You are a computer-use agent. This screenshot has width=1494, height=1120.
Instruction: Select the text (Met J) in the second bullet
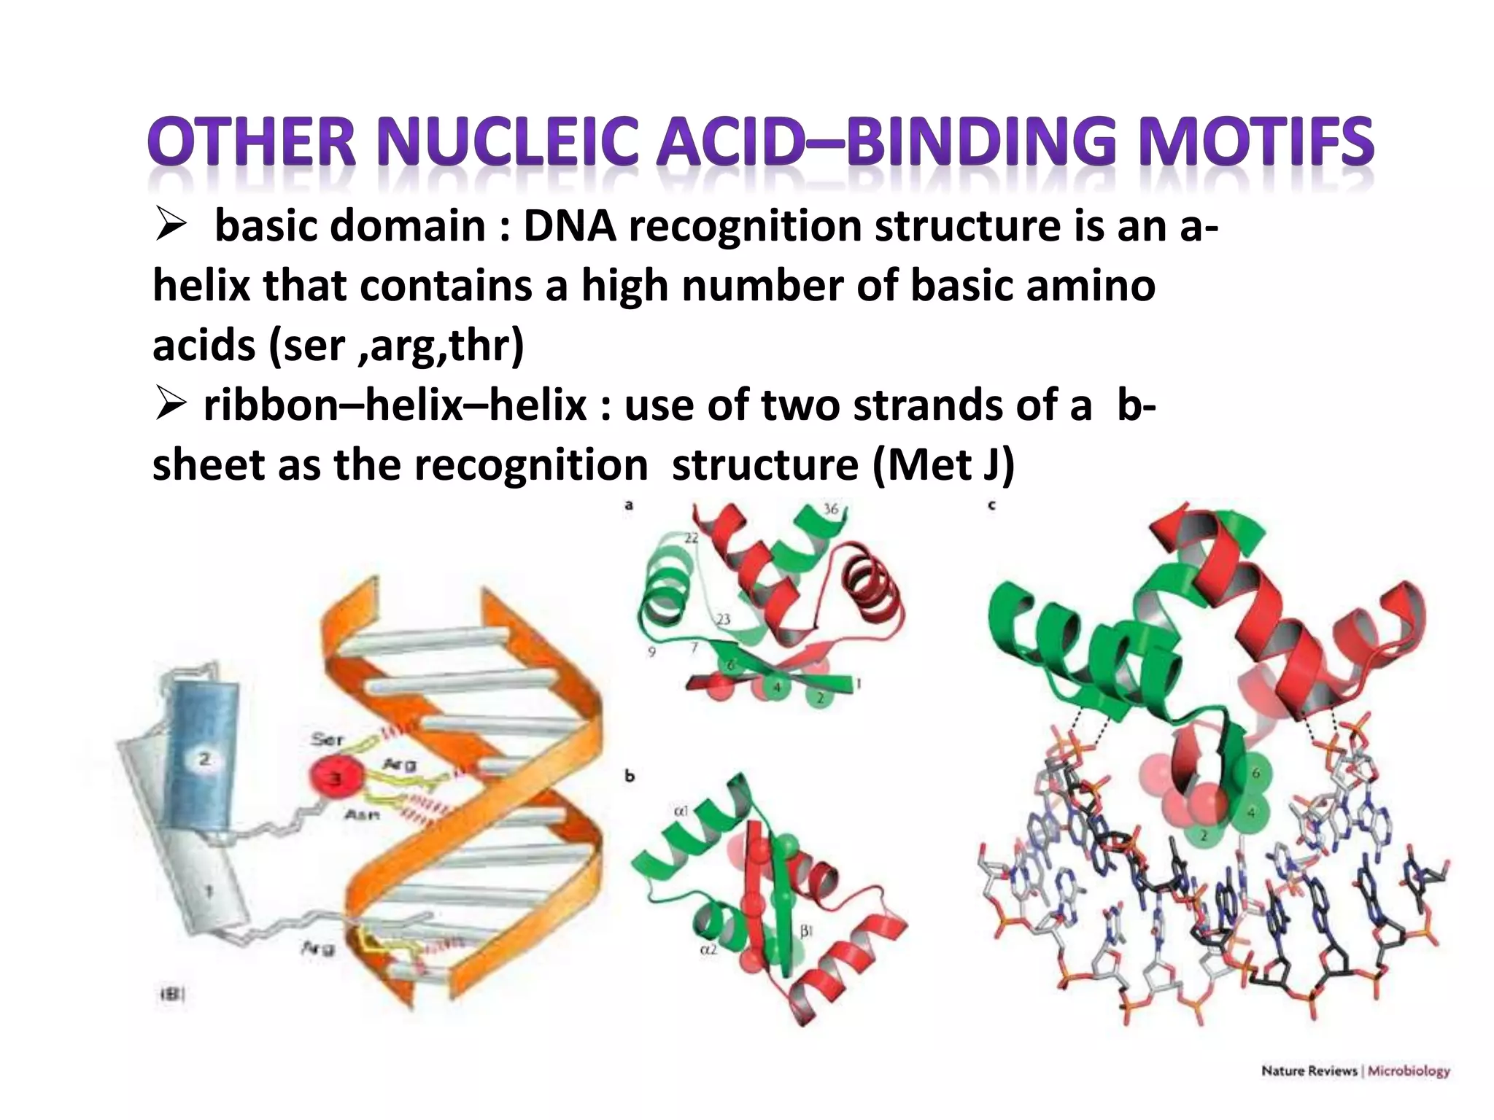(x=943, y=464)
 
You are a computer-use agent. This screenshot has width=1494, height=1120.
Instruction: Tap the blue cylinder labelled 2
(x=202, y=758)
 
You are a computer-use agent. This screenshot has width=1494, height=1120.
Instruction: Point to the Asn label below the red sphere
(x=361, y=815)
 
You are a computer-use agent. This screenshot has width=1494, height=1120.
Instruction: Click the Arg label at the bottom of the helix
(x=318, y=948)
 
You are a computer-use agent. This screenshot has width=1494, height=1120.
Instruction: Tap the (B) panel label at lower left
(x=171, y=993)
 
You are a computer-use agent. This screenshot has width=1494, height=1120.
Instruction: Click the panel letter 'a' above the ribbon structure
(x=629, y=505)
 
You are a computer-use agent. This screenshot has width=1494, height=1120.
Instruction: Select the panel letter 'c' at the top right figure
(x=991, y=505)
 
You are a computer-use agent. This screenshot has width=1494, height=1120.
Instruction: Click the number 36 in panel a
(x=831, y=509)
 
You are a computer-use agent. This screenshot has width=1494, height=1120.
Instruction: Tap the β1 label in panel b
(x=805, y=930)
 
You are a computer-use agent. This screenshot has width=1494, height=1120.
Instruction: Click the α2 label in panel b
(x=708, y=950)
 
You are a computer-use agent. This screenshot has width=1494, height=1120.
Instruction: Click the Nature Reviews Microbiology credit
(x=1355, y=1071)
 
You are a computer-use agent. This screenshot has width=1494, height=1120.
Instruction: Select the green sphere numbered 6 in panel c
(x=1255, y=774)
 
